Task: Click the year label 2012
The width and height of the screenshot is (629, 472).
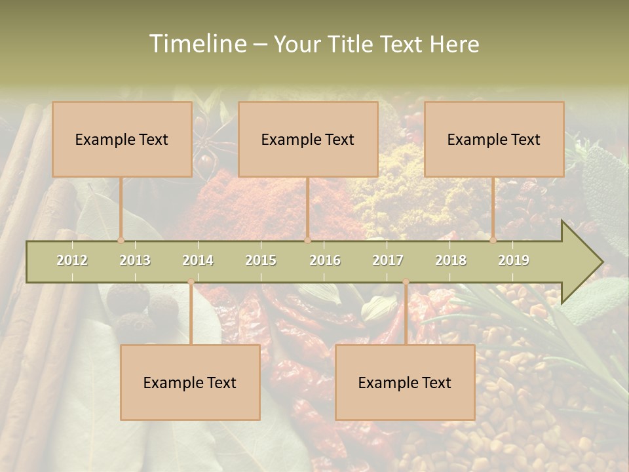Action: (72, 260)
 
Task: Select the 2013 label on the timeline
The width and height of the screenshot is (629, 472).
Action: (135, 260)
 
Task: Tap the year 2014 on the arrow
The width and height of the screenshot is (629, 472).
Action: (198, 260)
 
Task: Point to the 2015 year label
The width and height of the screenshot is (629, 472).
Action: (261, 260)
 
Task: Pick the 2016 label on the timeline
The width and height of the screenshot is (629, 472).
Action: (325, 260)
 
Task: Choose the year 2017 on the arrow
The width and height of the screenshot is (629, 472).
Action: (388, 260)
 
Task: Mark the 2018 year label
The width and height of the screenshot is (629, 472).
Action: (451, 260)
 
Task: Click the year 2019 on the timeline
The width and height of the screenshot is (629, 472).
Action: (514, 260)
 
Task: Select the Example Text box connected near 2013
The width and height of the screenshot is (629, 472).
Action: (122, 139)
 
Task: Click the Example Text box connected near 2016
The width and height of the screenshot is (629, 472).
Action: (308, 139)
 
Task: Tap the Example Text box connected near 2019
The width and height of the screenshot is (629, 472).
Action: (494, 139)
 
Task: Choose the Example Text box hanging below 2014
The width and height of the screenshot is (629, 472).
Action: (190, 382)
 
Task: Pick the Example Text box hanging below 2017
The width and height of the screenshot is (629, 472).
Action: (405, 382)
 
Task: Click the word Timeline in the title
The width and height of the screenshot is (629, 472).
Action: (197, 44)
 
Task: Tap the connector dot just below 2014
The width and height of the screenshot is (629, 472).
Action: (191, 282)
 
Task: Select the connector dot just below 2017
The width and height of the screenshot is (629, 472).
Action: (406, 282)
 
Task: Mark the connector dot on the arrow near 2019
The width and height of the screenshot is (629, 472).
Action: (493, 240)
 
